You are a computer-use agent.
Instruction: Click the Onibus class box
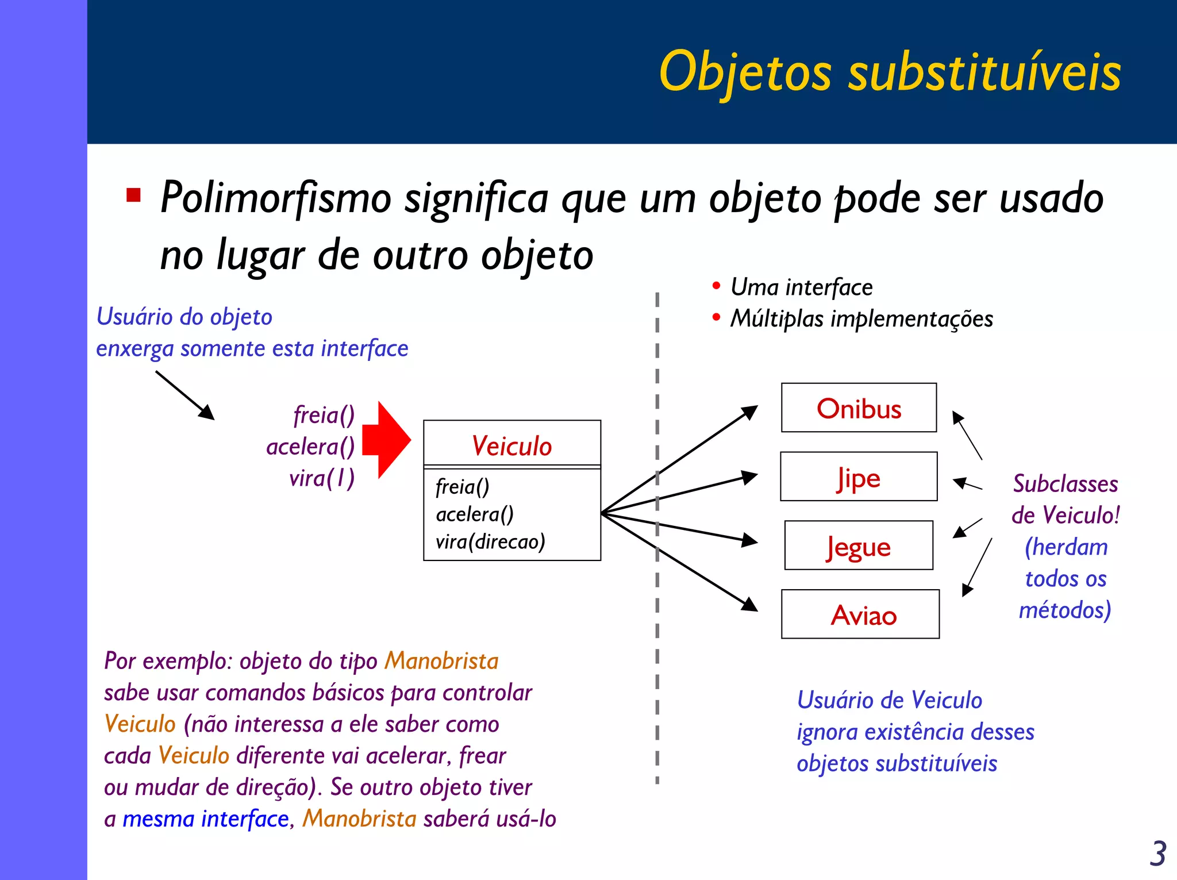[859, 408]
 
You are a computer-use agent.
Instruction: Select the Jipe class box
[859, 477]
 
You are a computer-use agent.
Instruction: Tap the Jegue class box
[859, 546]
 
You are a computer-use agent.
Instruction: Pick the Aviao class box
[860, 614]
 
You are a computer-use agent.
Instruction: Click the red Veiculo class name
[511, 446]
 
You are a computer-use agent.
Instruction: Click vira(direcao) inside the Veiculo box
[490, 541]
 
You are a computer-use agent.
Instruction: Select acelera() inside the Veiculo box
[475, 514]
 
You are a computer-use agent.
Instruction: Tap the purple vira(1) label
[322, 478]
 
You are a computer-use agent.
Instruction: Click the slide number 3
[1157, 854]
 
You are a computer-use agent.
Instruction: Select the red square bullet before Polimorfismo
[134, 195]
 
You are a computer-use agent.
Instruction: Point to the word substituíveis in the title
[984, 72]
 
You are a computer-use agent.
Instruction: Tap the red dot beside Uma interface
[716, 286]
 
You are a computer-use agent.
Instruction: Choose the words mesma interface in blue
[206, 819]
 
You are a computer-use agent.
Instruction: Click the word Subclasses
[1066, 484]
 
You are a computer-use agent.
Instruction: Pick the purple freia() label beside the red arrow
[324, 415]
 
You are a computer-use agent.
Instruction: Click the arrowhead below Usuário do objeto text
[208, 413]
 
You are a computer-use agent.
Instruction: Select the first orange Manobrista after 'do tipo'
[441, 661]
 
